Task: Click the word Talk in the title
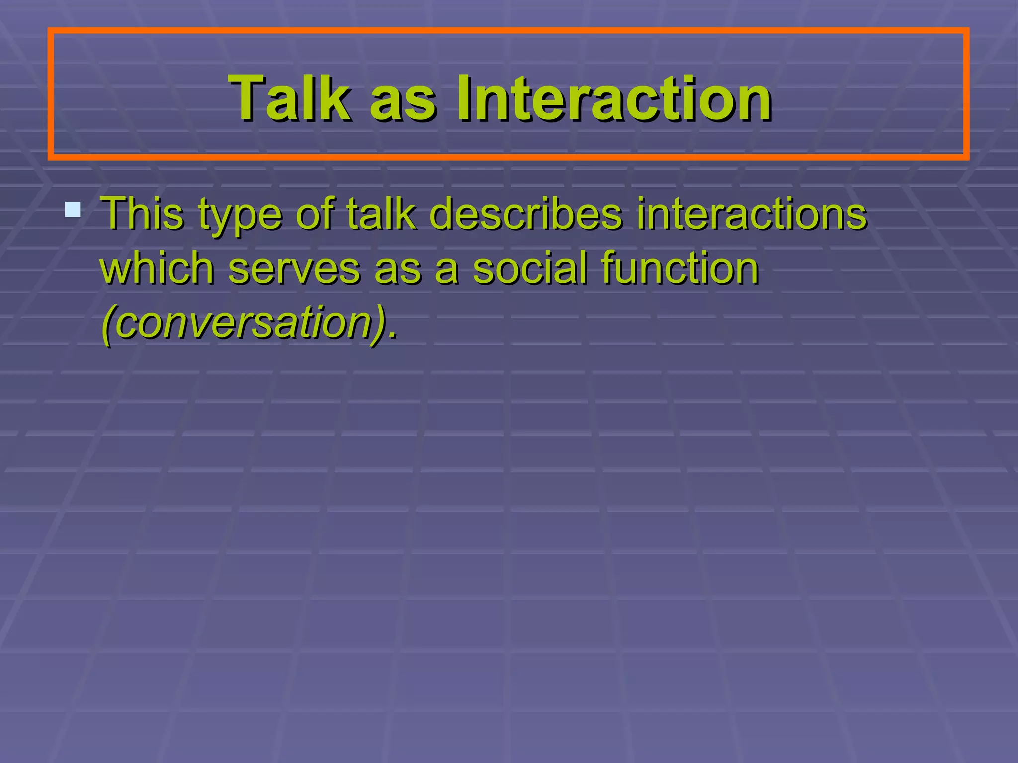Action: pyautogui.click(x=290, y=97)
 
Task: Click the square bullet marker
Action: pyautogui.click(x=73, y=209)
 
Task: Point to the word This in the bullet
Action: pyautogui.click(x=142, y=214)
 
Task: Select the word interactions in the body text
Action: pyautogui.click(x=752, y=214)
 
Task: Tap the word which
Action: pyautogui.click(x=157, y=268)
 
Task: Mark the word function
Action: pyautogui.click(x=680, y=268)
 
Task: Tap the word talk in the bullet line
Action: pyautogui.click(x=381, y=214)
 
